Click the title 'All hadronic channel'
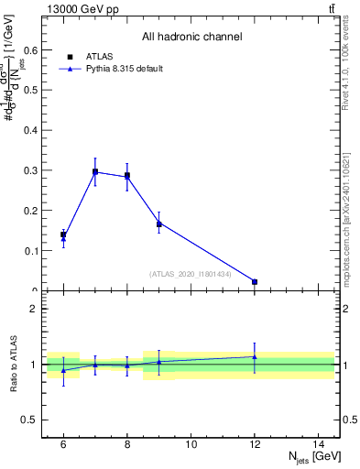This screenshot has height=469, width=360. (191, 38)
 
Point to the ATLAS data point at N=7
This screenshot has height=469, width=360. (95, 171)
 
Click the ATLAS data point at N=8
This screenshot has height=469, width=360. (127, 175)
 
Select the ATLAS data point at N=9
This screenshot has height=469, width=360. (159, 224)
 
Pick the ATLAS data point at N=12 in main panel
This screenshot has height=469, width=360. (255, 281)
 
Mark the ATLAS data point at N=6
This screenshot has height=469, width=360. (63, 234)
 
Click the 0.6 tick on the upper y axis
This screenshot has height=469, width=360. (36, 49)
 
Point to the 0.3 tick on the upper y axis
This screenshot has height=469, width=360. (36, 170)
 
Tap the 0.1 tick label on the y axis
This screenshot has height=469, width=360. (36, 251)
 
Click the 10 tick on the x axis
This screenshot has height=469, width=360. (191, 444)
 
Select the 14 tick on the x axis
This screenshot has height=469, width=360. (318, 444)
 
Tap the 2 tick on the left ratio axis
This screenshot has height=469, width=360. (39, 309)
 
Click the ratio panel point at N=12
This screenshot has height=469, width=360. (255, 357)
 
